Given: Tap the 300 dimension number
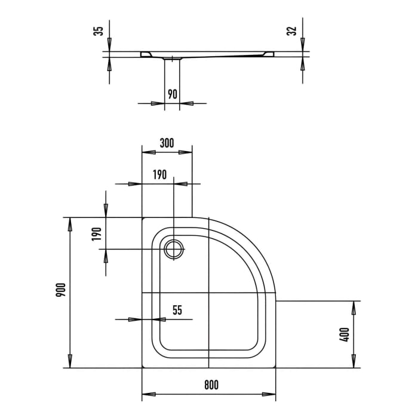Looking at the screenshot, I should pos(167,143).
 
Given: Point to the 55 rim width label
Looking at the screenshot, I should pos(177,310).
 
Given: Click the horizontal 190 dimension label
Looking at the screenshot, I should pos(158,175).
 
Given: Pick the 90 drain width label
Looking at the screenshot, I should pos(172,94).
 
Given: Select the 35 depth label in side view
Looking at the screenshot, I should pos(99,29).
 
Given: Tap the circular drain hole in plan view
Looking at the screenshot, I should pos(174,249).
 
